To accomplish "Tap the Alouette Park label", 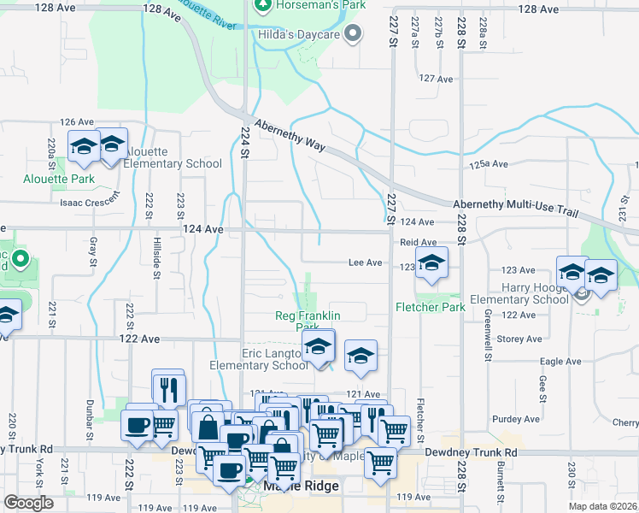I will pyautogui.click(x=70, y=180).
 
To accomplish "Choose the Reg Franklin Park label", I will pyautogui.click(x=308, y=321).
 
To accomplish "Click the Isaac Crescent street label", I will pyautogui.click(x=88, y=203).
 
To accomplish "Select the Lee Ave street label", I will pyautogui.click(x=365, y=263).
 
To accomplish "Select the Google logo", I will pyautogui.click(x=28, y=503).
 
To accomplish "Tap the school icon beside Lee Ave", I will pyautogui.click(x=431, y=264).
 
